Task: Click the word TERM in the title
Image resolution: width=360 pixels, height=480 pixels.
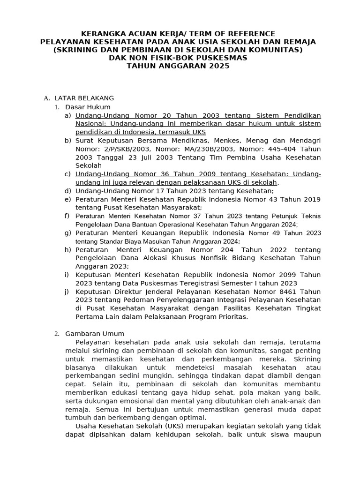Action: click(200, 34)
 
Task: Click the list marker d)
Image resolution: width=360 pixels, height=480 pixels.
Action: click(68, 191)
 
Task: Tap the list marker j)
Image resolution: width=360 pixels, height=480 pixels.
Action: click(68, 291)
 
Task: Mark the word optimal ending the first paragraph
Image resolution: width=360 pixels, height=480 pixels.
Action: click(193, 417)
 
